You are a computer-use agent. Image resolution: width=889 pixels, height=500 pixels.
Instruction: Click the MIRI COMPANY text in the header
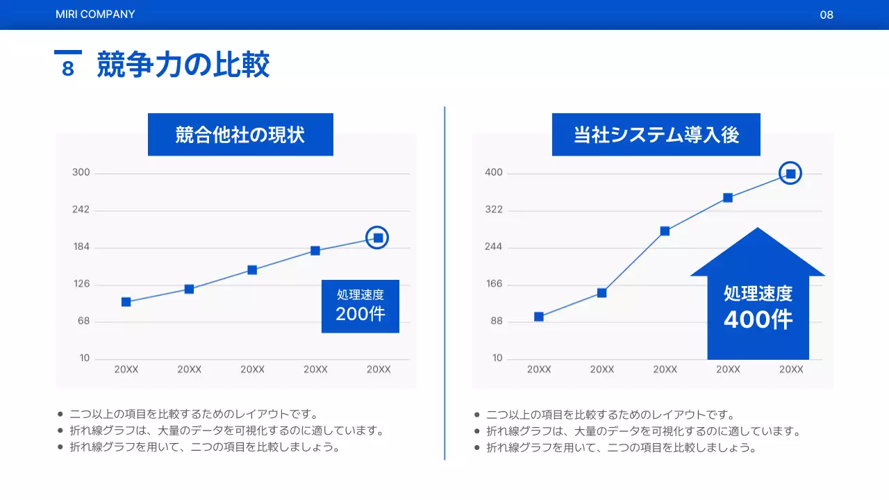[95, 14]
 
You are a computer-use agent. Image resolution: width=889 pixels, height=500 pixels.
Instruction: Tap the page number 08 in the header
[826, 15]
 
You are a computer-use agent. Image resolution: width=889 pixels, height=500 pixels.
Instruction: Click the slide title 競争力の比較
[183, 65]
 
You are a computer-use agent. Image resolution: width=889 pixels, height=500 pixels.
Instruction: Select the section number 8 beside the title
[67, 68]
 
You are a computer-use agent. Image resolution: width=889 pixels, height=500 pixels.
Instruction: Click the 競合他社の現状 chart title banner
[240, 135]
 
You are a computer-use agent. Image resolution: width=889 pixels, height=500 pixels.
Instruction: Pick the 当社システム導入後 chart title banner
[656, 135]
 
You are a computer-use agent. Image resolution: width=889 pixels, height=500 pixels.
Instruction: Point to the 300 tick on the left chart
[81, 172]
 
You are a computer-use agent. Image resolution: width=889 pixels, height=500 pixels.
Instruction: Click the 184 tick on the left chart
[81, 247]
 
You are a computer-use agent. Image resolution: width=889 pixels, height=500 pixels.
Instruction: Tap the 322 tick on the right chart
[494, 210]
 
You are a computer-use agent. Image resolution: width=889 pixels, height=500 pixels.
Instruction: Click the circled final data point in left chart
[378, 238]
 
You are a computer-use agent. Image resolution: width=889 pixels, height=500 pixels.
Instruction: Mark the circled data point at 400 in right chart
[790, 174]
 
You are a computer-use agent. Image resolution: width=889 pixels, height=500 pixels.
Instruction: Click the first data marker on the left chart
[126, 302]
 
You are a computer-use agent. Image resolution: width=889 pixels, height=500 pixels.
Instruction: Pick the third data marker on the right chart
[665, 231]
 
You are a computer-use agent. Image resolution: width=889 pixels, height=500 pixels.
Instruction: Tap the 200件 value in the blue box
[360, 314]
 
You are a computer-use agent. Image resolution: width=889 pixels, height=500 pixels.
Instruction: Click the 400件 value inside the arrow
[758, 319]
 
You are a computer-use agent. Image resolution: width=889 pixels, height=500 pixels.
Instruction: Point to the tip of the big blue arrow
[758, 229]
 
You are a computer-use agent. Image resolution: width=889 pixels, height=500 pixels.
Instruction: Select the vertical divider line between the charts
[444, 283]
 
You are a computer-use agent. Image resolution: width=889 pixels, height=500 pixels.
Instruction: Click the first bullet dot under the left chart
[60, 415]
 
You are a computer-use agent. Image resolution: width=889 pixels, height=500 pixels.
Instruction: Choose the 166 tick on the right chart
[494, 284]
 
